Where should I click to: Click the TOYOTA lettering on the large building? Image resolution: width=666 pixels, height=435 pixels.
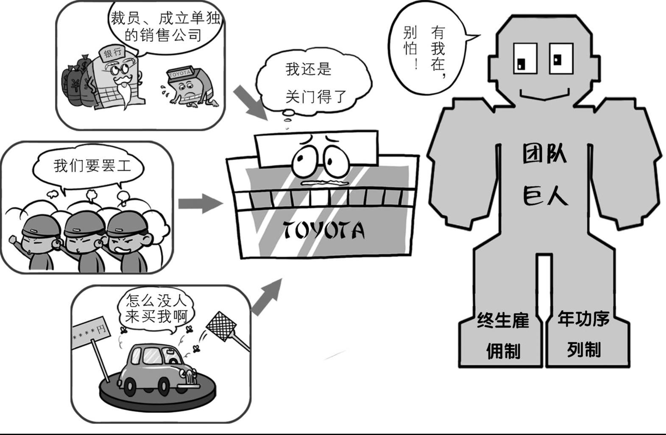(x=323, y=231)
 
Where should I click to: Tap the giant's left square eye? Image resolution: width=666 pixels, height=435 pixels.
(x=525, y=59)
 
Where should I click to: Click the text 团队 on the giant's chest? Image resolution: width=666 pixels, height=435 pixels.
(x=544, y=154)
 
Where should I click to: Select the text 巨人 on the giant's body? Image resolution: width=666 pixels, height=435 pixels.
(x=545, y=195)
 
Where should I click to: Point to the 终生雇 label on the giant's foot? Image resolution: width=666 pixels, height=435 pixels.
(x=503, y=320)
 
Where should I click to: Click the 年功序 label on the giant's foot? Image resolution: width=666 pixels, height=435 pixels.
(x=584, y=318)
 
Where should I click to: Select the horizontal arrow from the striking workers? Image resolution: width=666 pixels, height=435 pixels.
(x=201, y=204)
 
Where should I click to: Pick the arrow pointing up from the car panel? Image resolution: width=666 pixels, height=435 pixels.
(x=266, y=296)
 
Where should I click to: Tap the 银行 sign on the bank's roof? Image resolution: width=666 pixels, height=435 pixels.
(x=113, y=53)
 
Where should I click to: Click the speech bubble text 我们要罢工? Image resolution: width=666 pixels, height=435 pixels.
(x=92, y=166)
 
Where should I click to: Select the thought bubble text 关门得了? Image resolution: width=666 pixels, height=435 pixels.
(x=316, y=97)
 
